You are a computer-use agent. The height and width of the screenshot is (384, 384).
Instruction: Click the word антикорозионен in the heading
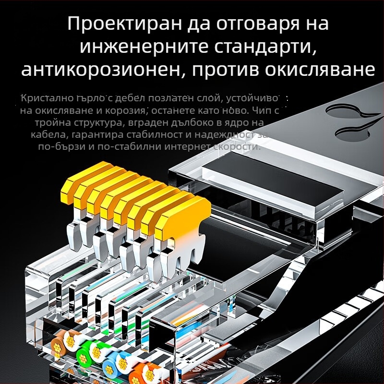tap(101, 70)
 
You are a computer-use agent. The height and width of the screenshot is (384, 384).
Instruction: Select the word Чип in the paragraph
tap(269, 111)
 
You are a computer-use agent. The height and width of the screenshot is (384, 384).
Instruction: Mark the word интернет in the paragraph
tap(183, 146)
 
